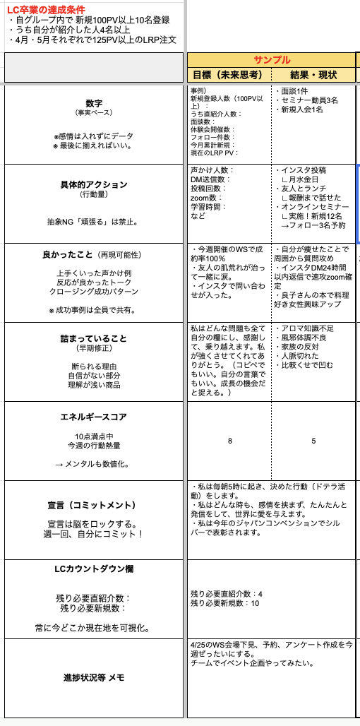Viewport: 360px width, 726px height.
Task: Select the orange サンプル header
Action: tap(272, 60)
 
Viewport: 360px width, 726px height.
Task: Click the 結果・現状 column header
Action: tap(313, 75)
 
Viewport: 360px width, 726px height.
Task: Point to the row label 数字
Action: tap(94, 102)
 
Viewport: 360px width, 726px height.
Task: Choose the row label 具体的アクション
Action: tap(94, 185)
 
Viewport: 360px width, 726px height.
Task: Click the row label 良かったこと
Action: tap(67, 254)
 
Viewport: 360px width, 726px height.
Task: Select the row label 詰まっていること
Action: tap(94, 338)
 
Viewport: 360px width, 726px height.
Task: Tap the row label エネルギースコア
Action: tap(94, 417)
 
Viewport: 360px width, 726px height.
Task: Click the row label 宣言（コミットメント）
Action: tap(94, 506)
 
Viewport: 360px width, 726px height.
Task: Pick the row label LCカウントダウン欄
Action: tap(94, 569)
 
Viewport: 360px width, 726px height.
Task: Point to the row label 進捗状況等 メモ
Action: tap(94, 678)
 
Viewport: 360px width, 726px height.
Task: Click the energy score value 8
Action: tap(229, 441)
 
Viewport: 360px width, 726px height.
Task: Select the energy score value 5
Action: tap(313, 441)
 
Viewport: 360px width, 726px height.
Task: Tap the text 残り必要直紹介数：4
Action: tap(226, 594)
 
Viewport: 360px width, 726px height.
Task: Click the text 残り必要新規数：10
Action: tap(224, 603)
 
